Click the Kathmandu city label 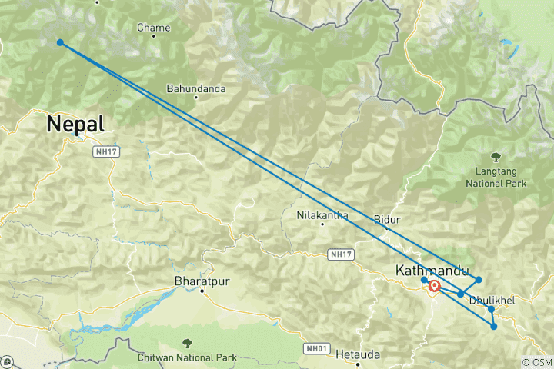pos(432,271)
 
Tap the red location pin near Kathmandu pos(434,286)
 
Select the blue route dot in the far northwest pos(60,42)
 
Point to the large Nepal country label pos(75,123)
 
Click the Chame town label pos(152,28)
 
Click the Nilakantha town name pos(322,215)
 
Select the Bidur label pos(387,219)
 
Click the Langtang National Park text pos(496,178)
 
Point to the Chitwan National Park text pos(187,357)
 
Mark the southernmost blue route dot pos(494,327)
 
